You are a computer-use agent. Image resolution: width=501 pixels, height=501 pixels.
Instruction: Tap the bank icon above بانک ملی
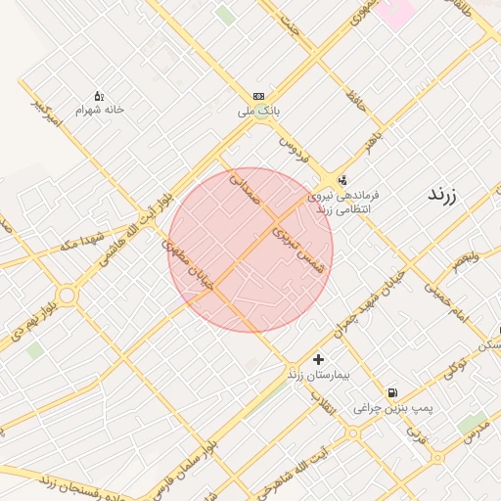pos(258,96)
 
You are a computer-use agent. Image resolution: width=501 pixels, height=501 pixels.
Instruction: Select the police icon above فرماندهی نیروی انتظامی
pos(342,180)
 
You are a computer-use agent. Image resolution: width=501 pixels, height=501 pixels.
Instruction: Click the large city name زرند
pos(449,194)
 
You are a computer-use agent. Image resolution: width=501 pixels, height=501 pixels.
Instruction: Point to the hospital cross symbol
pos(318,360)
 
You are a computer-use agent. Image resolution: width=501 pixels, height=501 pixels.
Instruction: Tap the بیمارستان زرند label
pos(318,375)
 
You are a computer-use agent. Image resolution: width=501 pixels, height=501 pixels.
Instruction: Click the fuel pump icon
pos(392,392)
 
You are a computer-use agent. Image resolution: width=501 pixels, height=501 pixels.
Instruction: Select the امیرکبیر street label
pos(46,113)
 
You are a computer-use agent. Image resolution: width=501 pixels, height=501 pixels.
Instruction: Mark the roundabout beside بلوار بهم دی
pos(67,294)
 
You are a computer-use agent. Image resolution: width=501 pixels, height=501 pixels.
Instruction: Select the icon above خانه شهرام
pos(99,96)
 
